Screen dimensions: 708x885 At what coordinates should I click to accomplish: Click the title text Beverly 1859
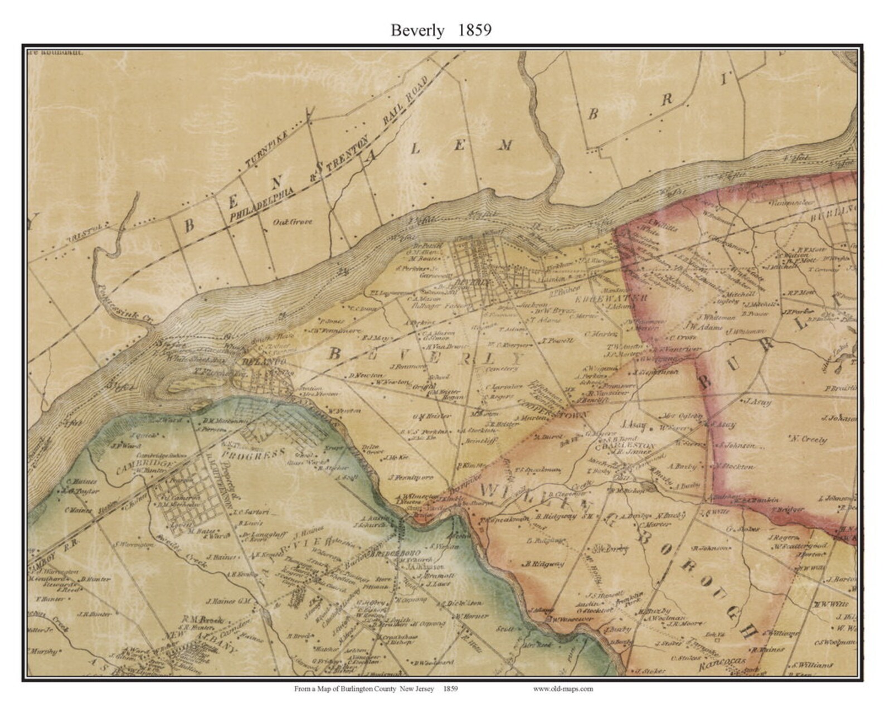pos(441,30)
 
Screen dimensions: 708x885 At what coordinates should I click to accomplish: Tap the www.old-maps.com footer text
pos(563,688)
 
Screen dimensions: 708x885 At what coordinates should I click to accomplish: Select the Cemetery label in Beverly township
pos(502,368)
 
